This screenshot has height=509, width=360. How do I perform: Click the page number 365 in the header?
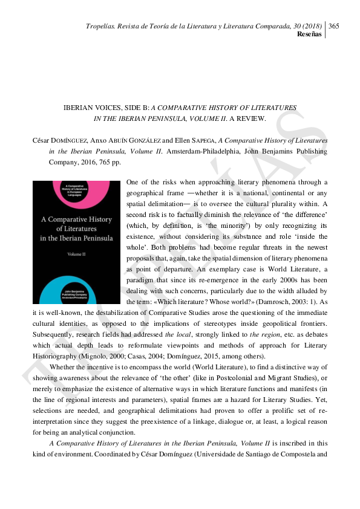pyautogui.click(x=334, y=25)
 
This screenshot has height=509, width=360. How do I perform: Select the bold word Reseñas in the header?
pyautogui.click(x=309, y=34)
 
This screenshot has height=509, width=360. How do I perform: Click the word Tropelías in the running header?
pyautogui.click(x=100, y=25)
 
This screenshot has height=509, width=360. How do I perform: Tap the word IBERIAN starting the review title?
pyautogui.click(x=77, y=107)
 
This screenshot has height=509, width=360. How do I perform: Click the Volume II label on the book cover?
pyautogui.click(x=76, y=254)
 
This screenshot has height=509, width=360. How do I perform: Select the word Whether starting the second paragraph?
pyautogui.click(x=63, y=367)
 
